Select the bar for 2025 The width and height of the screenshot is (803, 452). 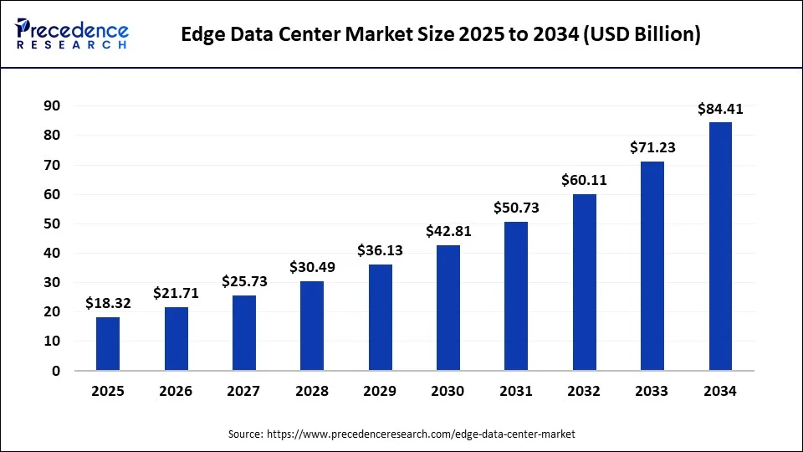[108, 343]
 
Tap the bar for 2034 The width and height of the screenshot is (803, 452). [720, 246]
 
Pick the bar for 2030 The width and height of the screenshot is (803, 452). [448, 307]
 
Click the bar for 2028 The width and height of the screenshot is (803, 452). [312, 326]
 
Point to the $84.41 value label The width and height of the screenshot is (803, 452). [720, 109]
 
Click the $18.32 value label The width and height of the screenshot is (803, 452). [108, 304]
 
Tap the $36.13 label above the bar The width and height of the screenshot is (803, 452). [380, 251]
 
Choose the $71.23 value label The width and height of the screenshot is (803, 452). [652, 148]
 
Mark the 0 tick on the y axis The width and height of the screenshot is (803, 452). [56, 371]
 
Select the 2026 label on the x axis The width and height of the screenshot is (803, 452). [176, 391]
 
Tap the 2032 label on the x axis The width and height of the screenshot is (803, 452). [584, 391]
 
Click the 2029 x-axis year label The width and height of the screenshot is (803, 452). [380, 391]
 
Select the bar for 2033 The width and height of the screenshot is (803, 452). [652, 265]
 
